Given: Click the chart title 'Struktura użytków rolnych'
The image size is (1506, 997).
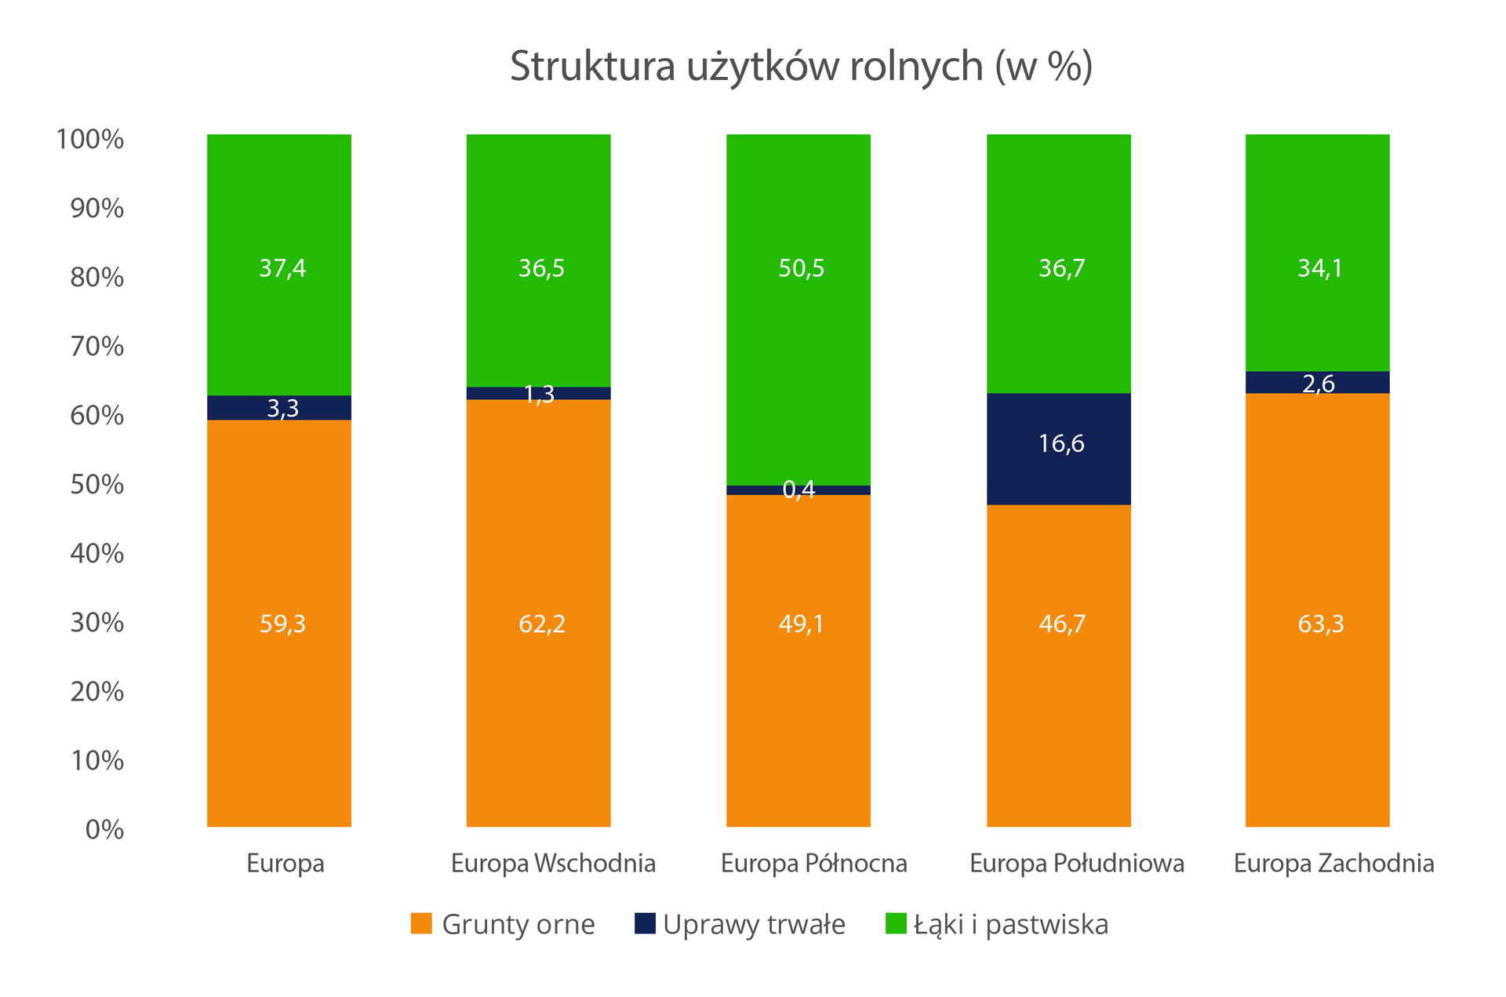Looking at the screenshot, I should [x=801, y=67].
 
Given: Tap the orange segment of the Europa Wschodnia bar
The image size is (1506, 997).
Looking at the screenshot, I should [x=538, y=549].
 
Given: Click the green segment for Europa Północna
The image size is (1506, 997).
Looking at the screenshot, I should [x=798, y=353].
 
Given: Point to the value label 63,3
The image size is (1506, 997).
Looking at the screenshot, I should [x=1320, y=624].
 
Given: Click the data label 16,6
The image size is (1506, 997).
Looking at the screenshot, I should [x=1060, y=444].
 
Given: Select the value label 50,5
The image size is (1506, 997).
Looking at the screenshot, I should [x=801, y=269].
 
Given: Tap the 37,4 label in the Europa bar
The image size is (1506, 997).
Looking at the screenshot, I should [x=282, y=269].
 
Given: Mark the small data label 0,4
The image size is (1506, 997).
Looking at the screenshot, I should [x=798, y=489].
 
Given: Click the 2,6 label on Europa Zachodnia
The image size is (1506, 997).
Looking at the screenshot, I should [x=1319, y=384].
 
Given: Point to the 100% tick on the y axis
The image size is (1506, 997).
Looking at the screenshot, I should [x=89, y=140].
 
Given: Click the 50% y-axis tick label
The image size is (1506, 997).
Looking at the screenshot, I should [x=96, y=485].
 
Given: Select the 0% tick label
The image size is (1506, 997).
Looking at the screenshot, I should [x=104, y=830].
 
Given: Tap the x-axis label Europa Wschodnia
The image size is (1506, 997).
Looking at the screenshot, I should [x=553, y=864].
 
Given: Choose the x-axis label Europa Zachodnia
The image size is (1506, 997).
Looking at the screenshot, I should [x=1333, y=864].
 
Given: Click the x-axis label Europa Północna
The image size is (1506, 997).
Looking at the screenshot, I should [x=813, y=864].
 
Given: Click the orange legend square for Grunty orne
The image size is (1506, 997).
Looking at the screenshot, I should [x=421, y=923].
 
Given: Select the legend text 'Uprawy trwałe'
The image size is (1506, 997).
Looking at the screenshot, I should [x=754, y=925].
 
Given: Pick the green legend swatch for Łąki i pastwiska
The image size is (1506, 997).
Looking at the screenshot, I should [x=896, y=923].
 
